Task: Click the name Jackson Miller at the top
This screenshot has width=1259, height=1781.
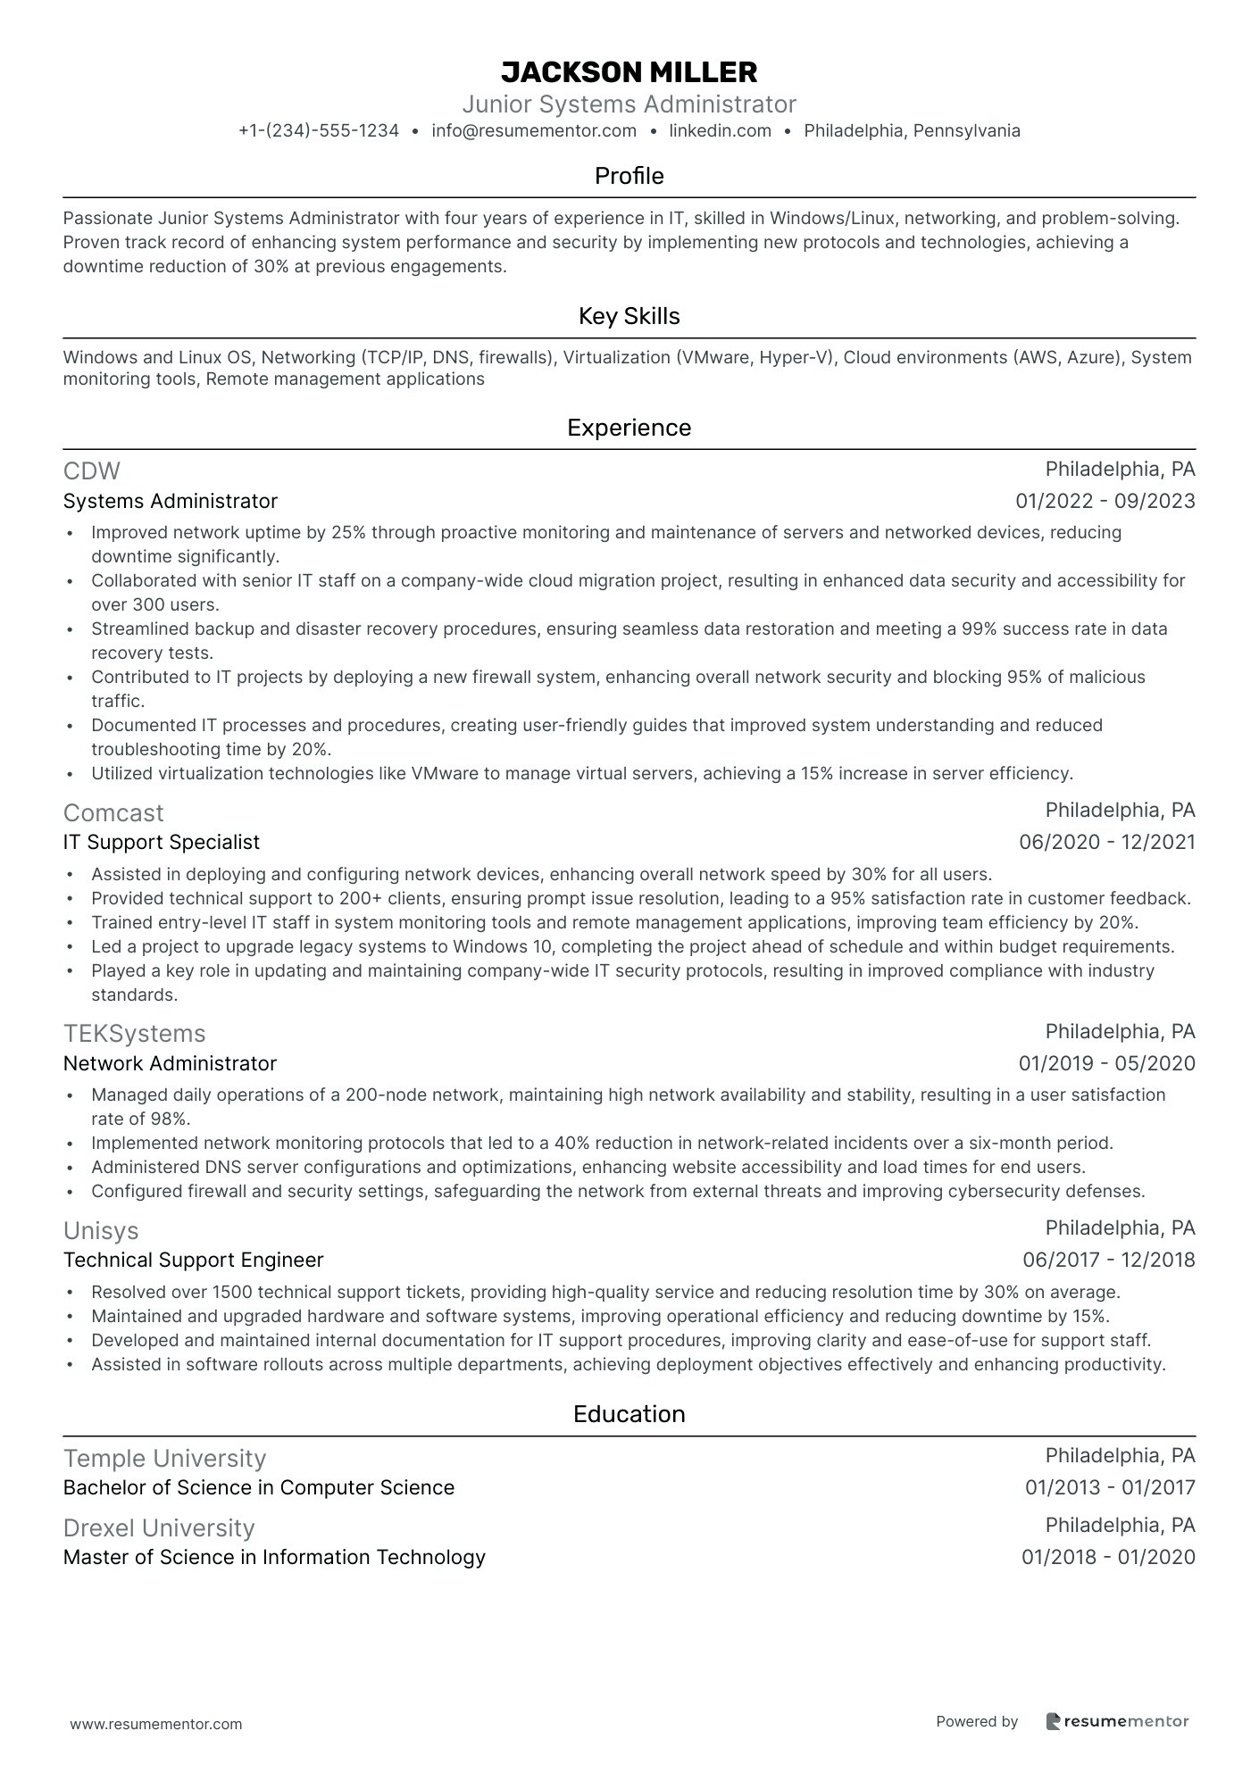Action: (x=629, y=71)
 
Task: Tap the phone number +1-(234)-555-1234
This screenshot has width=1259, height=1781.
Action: (x=319, y=131)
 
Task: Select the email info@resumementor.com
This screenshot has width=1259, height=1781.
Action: (x=534, y=131)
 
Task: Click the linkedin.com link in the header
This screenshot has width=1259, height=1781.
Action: (x=720, y=131)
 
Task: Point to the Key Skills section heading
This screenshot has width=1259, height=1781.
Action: (x=629, y=316)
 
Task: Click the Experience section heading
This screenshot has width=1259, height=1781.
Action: (x=629, y=428)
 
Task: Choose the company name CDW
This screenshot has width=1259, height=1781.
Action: (x=91, y=470)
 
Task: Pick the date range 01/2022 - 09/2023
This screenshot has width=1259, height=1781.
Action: (x=1105, y=502)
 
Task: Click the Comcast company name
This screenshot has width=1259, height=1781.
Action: (x=113, y=812)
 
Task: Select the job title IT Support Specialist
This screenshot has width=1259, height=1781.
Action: (x=162, y=843)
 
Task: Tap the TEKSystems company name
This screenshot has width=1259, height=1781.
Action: (x=134, y=1033)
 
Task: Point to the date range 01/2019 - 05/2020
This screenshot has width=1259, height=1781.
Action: (x=1106, y=1064)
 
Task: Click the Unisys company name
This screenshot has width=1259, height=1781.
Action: (x=101, y=1230)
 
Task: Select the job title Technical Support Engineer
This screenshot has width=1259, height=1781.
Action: (x=193, y=1261)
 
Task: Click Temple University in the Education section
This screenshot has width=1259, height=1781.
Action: (x=164, y=1458)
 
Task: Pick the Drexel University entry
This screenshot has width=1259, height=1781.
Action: (x=159, y=1527)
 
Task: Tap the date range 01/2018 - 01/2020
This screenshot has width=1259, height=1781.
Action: (x=1108, y=1558)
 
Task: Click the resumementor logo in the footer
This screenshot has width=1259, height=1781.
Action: (x=1117, y=1722)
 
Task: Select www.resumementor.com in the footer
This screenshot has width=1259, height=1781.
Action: (x=156, y=1724)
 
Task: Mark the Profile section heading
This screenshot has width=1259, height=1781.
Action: (x=629, y=176)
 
